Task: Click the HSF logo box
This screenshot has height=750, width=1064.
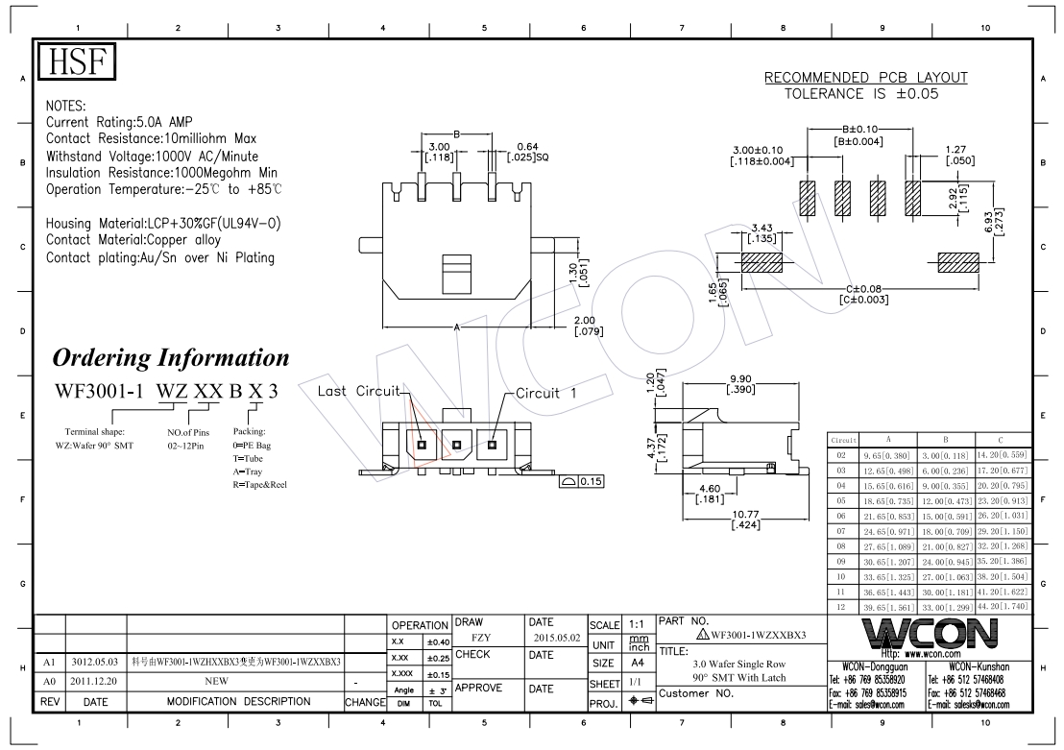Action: coord(77,61)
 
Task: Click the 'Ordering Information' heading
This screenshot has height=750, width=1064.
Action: coord(171,357)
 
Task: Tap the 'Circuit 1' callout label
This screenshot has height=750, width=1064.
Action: coord(545,393)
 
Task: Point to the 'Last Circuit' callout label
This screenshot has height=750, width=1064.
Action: coord(359,391)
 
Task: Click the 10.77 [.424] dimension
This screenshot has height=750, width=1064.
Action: coord(746,520)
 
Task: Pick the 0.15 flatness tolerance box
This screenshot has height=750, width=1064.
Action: coord(582,481)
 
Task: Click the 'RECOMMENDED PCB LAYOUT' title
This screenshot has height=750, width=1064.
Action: coord(866,78)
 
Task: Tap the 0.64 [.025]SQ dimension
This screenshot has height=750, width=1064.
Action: coord(528,152)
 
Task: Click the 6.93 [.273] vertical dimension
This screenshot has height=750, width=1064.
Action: coord(994,221)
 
